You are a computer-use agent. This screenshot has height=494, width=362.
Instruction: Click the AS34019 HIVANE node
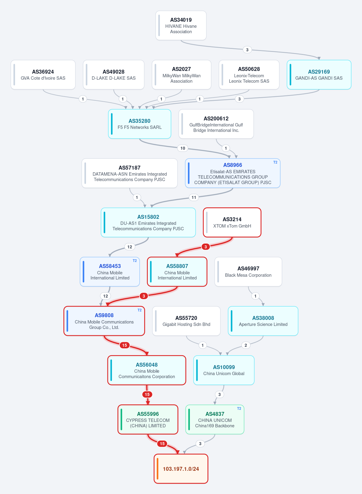(181, 26)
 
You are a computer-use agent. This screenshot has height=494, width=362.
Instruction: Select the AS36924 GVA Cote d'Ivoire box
(43, 75)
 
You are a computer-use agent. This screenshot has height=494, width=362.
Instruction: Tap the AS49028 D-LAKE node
(113, 75)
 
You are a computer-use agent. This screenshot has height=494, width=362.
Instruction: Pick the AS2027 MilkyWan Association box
(181, 75)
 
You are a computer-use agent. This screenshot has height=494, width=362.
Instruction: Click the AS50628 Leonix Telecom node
(249, 75)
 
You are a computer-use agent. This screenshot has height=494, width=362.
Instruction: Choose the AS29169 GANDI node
(319, 75)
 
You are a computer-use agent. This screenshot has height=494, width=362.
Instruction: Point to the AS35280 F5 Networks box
(140, 124)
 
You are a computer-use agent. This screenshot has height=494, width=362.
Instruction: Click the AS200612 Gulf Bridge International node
(216, 124)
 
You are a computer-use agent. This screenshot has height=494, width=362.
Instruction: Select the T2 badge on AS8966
(275, 162)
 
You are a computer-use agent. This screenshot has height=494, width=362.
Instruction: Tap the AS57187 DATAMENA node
(129, 173)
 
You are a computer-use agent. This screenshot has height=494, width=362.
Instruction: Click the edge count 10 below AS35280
(183, 148)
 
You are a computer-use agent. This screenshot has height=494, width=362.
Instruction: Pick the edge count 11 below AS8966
(194, 197)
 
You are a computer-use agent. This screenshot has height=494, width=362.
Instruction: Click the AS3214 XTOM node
(232, 222)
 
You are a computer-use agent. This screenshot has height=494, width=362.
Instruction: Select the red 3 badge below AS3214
(206, 247)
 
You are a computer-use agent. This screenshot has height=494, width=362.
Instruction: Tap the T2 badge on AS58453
(135, 261)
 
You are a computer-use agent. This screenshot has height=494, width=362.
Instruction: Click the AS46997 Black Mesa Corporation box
(248, 272)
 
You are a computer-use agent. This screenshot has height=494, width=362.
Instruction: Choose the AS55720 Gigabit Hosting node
(186, 321)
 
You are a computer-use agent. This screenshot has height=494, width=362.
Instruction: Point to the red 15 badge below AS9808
(125, 345)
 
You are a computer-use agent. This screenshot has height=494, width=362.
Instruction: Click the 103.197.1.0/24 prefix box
(181, 469)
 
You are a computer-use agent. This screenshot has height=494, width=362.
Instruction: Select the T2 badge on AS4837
(239, 408)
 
